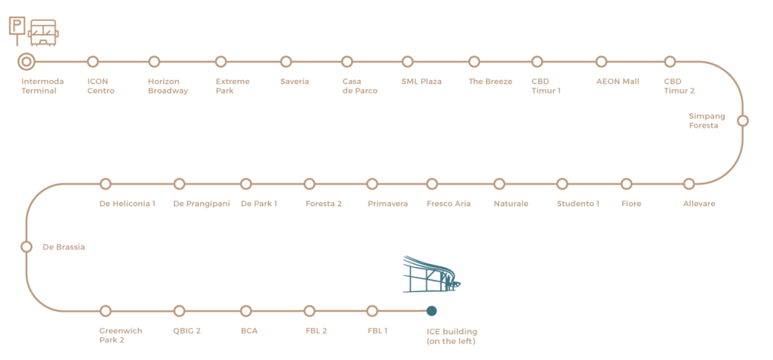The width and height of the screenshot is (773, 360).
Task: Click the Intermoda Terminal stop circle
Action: coord(26,61)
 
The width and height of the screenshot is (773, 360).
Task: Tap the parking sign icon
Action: coord(15,26)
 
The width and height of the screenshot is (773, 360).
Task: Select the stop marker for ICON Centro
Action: coord(93,61)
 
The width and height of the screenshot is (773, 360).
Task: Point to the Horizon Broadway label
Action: coord(168,86)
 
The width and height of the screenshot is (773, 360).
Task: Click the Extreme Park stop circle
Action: coord(220,61)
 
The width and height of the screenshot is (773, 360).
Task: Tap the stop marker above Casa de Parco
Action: coord(347,61)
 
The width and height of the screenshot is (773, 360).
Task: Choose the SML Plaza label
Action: coord(421,82)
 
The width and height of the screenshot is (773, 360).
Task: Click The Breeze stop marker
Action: coord(474,61)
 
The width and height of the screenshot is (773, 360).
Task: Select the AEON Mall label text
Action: coord(617,82)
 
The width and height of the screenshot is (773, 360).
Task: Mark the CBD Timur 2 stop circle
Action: coord(669,61)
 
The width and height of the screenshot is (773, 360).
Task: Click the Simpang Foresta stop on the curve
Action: coord(743,120)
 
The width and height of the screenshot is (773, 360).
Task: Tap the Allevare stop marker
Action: coord(688,183)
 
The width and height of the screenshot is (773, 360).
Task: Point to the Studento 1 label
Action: coord(578,204)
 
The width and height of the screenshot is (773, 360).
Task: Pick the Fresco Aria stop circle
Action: coord(432,183)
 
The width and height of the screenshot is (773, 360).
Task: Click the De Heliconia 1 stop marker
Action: coord(106,183)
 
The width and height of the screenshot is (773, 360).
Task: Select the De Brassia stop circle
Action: coord(26,246)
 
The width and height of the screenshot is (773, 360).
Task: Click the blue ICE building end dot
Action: coord(432,310)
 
